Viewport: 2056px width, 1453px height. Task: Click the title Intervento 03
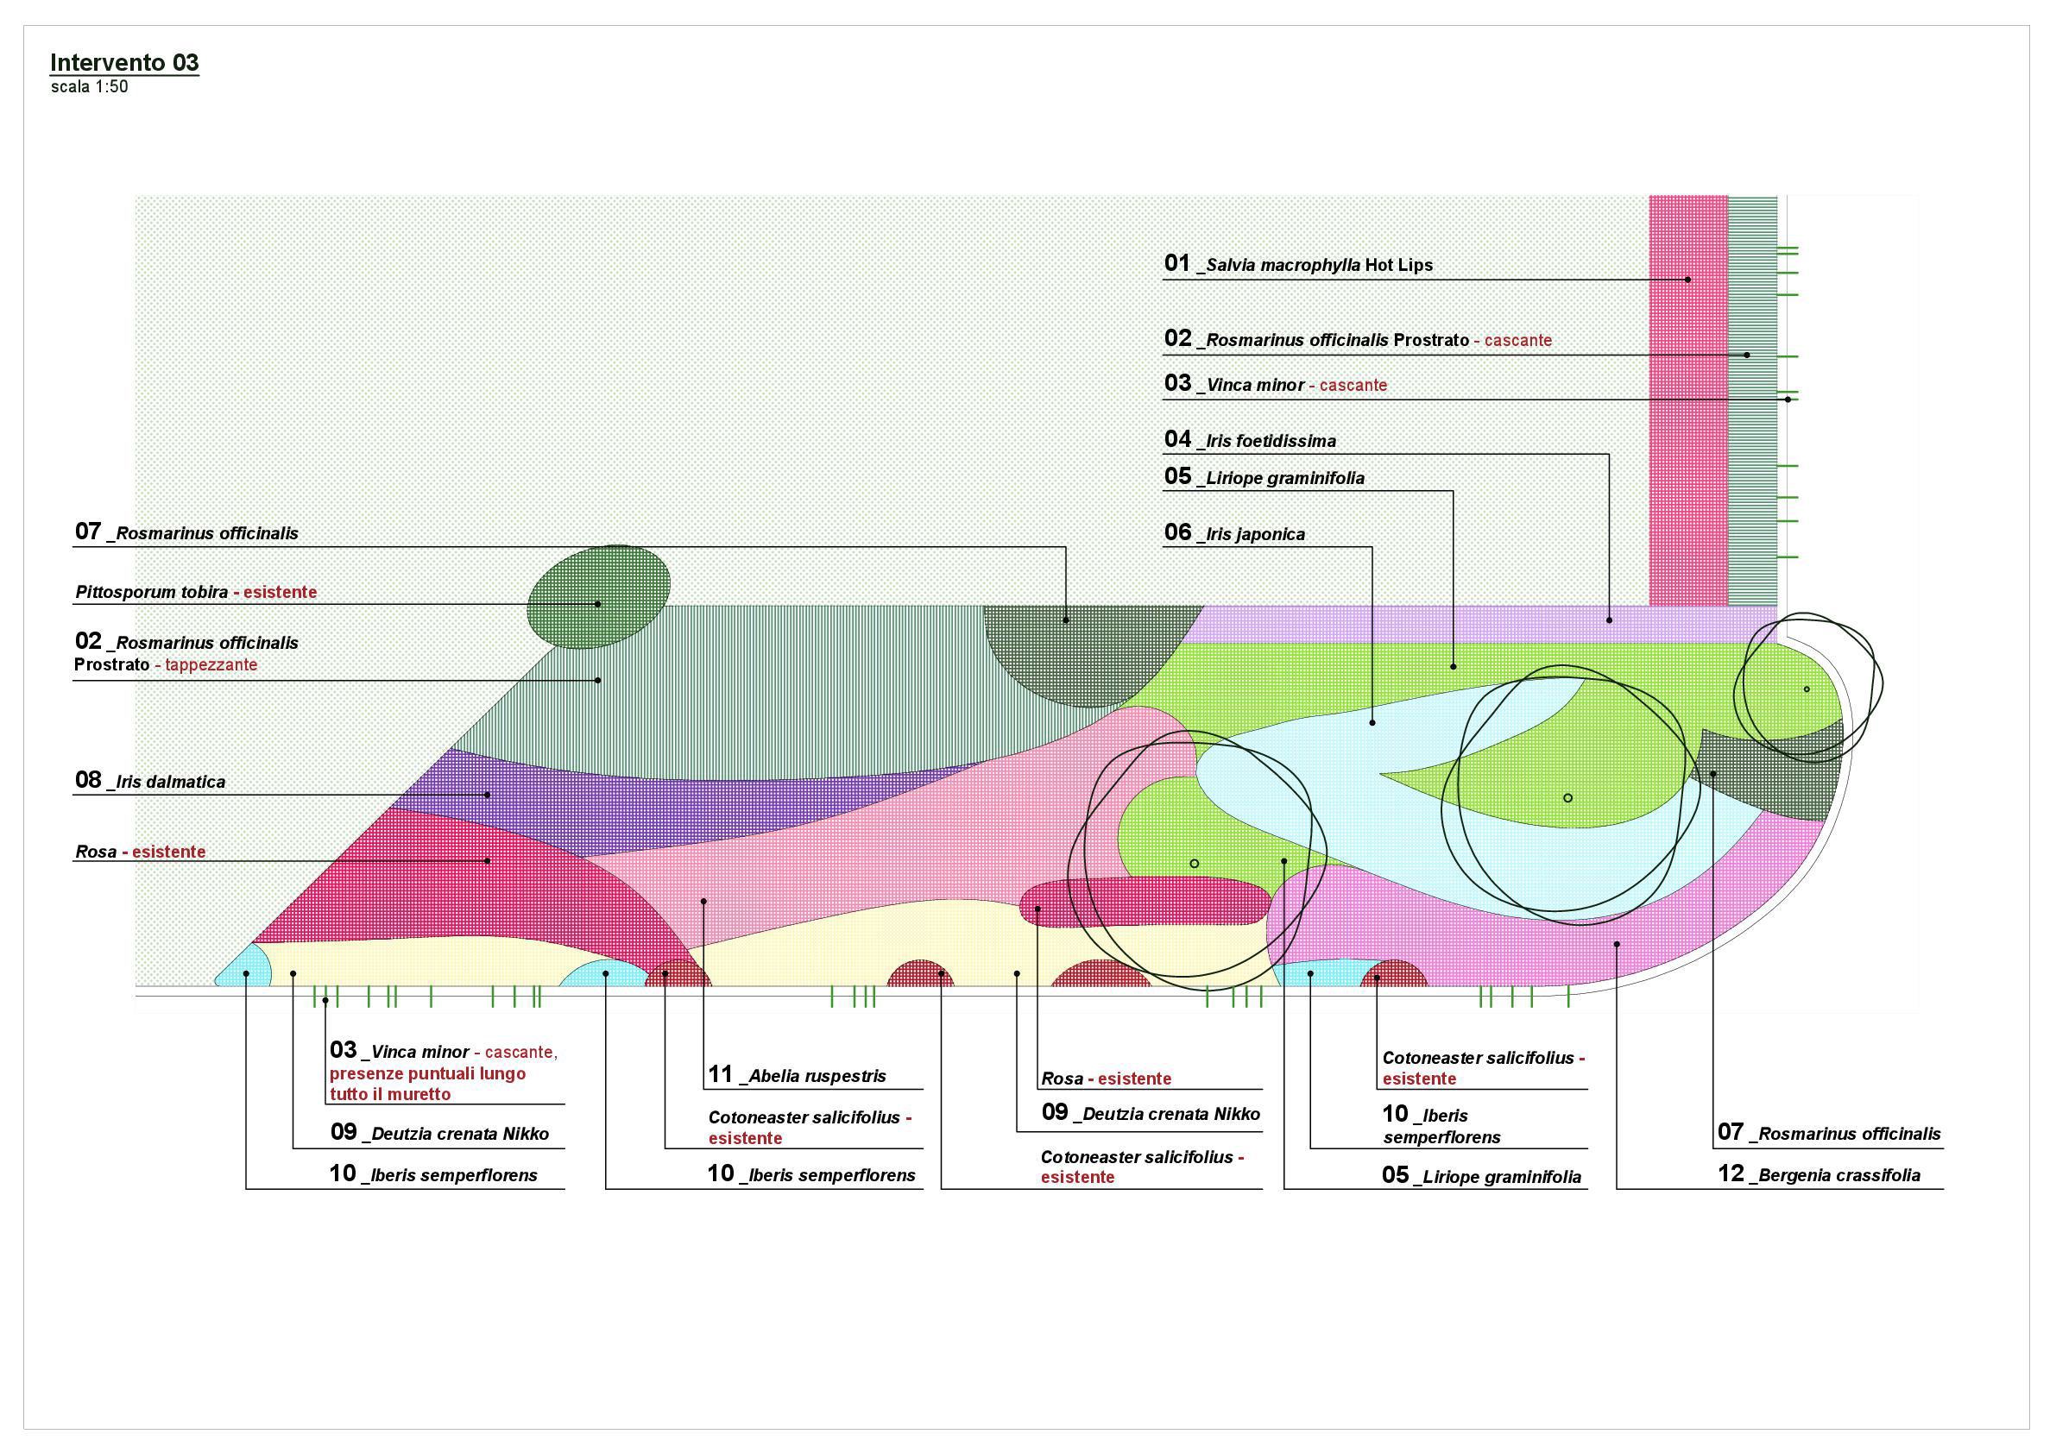[x=124, y=63]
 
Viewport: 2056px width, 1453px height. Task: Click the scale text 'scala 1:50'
[x=90, y=87]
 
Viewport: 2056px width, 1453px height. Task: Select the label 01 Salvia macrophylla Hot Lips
[x=1297, y=264]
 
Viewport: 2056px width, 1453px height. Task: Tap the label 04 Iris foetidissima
[x=1249, y=439]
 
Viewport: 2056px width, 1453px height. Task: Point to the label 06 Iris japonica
[x=1234, y=533]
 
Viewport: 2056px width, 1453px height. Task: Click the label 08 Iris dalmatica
[x=149, y=781]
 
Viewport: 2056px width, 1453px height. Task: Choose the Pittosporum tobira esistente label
[x=196, y=592]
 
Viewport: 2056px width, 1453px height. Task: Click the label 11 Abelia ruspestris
[x=797, y=1075]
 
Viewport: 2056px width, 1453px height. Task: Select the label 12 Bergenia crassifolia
[x=1819, y=1174]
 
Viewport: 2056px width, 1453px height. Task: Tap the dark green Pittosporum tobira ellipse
[x=598, y=596]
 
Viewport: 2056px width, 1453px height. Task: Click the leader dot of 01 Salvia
[x=1688, y=280]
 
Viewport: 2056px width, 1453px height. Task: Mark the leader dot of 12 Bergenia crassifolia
[x=1617, y=944]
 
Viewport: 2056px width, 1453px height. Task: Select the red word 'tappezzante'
[x=211, y=664]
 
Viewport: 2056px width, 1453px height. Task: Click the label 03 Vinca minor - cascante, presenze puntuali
[x=444, y=1072]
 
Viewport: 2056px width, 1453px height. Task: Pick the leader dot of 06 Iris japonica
[x=1372, y=722]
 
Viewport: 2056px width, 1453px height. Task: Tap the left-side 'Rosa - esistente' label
[x=141, y=852]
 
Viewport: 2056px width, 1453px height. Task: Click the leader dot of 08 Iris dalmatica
[x=487, y=795]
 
